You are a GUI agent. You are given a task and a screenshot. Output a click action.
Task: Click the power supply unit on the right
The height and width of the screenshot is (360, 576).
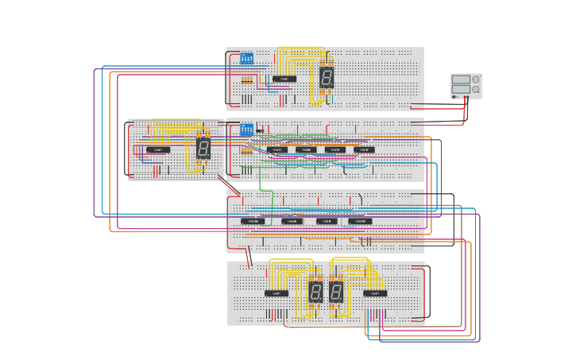(x=466, y=86)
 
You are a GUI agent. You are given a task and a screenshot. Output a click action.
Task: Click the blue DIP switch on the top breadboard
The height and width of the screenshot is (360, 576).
(x=246, y=59)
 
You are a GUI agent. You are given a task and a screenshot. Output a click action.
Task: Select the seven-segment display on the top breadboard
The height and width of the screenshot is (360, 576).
(x=327, y=77)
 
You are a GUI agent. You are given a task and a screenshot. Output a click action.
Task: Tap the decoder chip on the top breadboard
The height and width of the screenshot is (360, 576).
(x=284, y=79)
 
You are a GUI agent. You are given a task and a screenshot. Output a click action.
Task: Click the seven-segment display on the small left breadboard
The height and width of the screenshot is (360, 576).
(x=203, y=148)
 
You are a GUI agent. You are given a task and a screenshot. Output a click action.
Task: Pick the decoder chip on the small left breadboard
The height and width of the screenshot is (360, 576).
(x=158, y=149)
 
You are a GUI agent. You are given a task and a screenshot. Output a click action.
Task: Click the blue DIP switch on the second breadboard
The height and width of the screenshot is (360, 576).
(x=246, y=129)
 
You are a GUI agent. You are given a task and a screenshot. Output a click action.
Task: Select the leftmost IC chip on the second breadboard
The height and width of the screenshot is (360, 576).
(x=277, y=149)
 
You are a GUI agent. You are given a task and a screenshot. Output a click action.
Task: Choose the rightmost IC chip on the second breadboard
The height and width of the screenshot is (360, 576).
(x=363, y=149)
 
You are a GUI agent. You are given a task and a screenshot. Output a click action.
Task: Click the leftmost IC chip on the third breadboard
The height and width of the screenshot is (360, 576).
(x=252, y=221)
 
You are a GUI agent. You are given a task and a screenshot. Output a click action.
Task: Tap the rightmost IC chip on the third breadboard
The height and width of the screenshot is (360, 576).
(x=360, y=221)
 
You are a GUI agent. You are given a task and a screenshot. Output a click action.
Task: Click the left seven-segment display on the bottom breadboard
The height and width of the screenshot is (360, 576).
(x=315, y=292)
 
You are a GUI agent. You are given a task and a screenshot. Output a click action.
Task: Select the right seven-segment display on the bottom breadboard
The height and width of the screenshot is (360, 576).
(x=336, y=292)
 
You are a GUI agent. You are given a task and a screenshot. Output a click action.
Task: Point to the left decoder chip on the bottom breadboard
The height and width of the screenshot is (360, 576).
(x=276, y=293)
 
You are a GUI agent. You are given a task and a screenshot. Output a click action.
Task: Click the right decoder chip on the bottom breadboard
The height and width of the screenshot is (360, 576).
(x=375, y=293)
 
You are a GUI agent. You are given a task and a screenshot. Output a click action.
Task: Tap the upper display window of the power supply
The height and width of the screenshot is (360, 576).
(x=461, y=79)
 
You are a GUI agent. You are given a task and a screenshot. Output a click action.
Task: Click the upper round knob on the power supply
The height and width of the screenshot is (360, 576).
(x=476, y=79)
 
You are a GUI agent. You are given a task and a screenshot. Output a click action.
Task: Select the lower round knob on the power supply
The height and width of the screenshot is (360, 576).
(x=476, y=90)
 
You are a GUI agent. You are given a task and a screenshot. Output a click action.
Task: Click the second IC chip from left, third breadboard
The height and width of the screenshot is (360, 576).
(x=292, y=221)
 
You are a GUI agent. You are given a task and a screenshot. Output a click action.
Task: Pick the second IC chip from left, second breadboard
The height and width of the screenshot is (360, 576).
(x=306, y=149)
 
